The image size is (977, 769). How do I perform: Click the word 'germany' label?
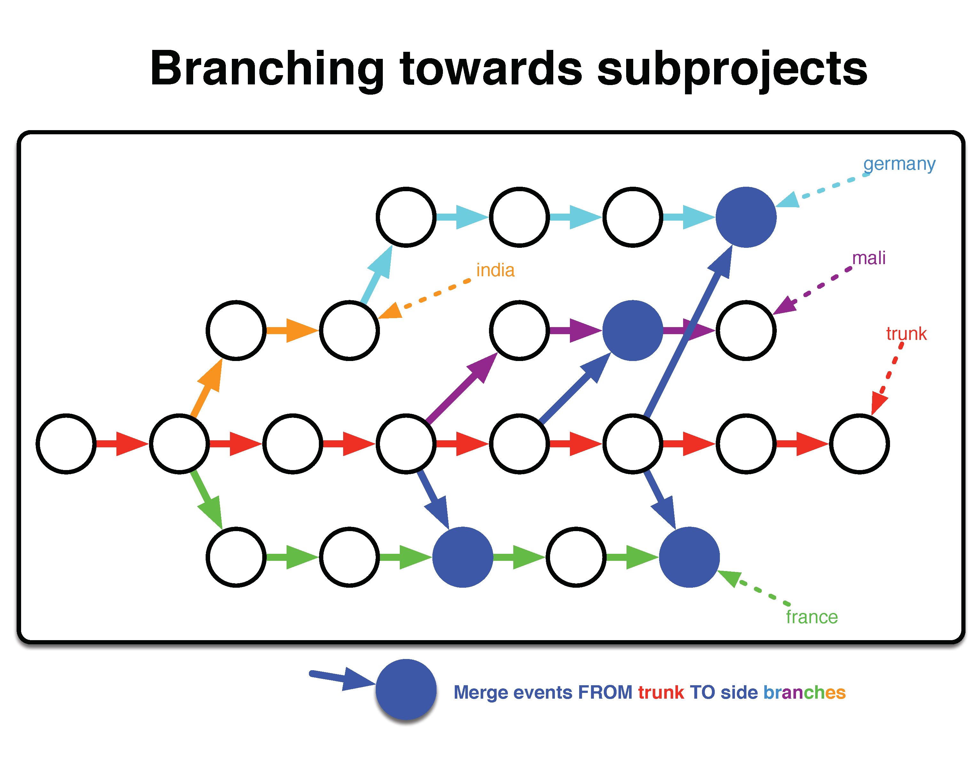point(899,164)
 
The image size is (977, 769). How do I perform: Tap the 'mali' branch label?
point(869,258)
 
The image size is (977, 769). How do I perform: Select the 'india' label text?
point(495,270)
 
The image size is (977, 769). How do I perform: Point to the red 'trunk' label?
point(906,333)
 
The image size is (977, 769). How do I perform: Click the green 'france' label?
point(811,617)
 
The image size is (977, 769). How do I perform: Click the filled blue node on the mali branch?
point(632,331)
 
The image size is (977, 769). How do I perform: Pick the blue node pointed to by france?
point(689,557)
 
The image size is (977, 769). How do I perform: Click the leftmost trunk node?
point(66,443)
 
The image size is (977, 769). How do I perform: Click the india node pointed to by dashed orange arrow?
point(349,331)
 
